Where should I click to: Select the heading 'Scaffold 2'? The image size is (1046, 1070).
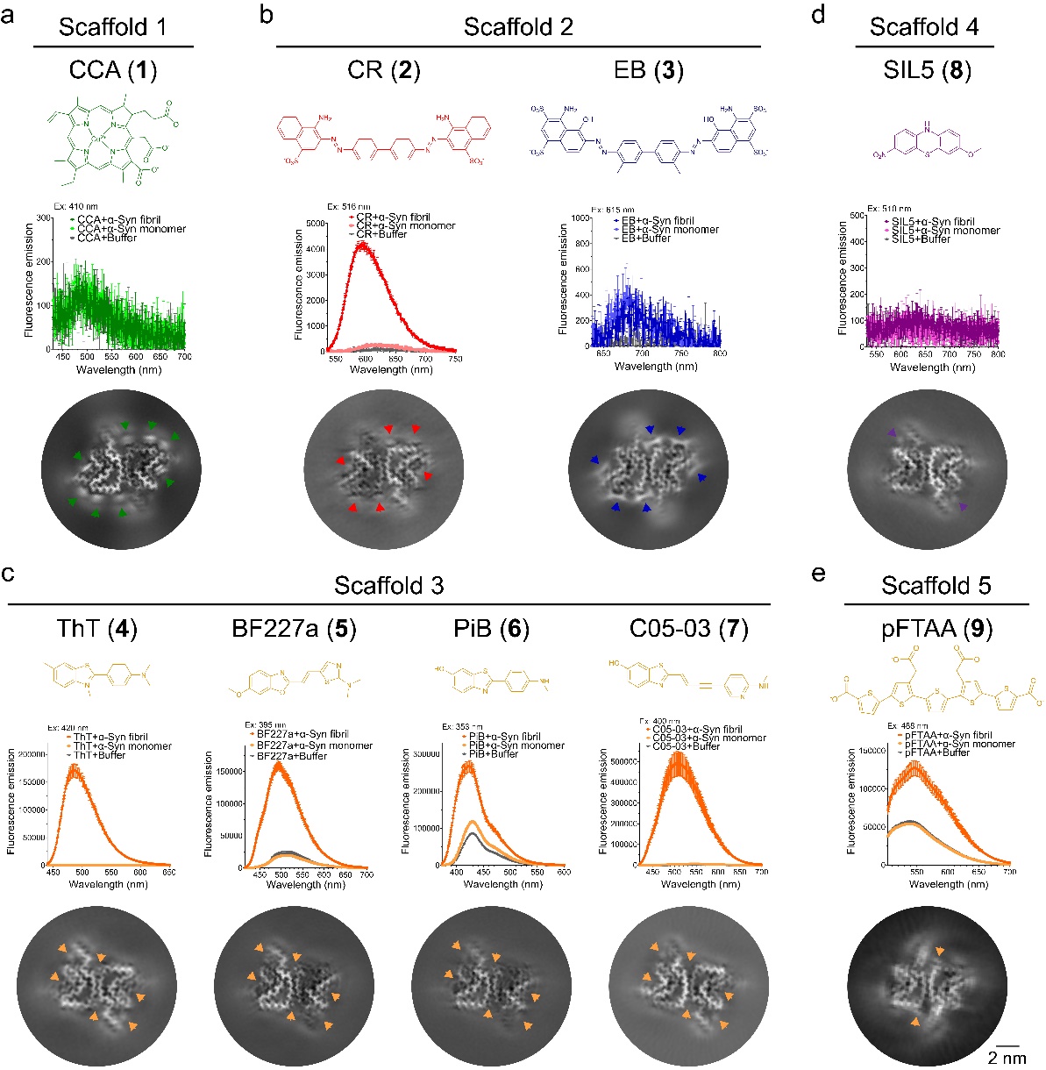coord(518,26)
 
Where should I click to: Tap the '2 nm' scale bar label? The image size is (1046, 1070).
coord(1007,1058)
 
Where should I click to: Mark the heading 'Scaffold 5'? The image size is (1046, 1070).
coord(936,585)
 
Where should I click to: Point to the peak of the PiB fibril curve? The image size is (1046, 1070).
coord(466,766)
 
